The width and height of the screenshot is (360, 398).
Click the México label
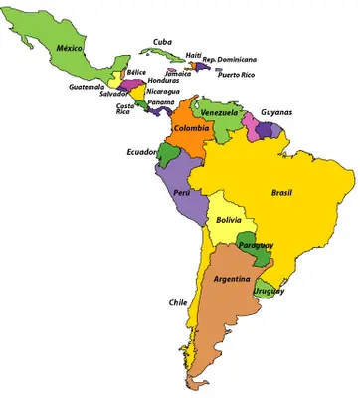(x=69, y=47)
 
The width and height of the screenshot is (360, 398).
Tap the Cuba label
(x=163, y=41)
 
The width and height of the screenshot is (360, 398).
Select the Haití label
(x=194, y=55)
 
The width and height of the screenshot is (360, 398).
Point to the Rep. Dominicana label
(x=230, y=60)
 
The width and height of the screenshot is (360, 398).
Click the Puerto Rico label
(x=236, y=75)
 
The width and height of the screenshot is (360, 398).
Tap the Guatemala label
(x=87, y=86)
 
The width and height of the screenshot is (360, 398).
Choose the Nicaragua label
(x=163, y=91)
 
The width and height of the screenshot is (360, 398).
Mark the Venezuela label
(x=220, y=113)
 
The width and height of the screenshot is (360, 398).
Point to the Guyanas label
(x=276, y=113)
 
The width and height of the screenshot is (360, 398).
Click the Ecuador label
(x=141, y=151)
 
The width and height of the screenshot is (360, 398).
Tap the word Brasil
(x=282, y=192)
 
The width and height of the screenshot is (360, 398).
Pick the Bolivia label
(x=229, y=220)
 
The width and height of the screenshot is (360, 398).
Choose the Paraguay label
(x=257, y=245)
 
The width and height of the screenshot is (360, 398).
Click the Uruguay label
(x=270, y=291)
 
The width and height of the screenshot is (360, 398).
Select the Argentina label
(x=231, y=280)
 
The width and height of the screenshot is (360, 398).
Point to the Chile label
(x=178, y=301)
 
